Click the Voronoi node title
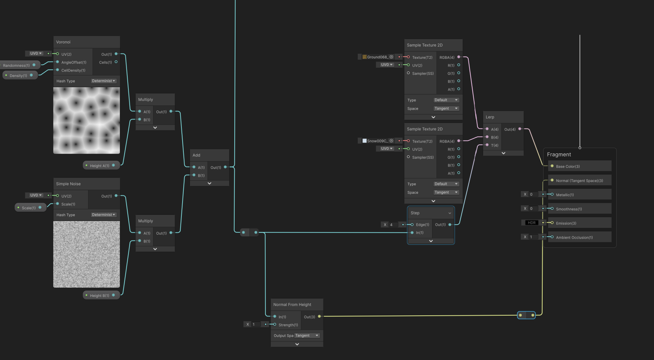[x=63, y=42]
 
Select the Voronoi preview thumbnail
[x=86, y=120]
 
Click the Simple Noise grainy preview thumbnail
[x=86, y=254]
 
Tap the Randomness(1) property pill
[x=19, y=65]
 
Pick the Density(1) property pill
[x=20, y=76]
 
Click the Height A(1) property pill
[x=101, y=165]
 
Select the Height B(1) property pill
[x=101, y=295]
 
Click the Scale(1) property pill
[x=30, y=207]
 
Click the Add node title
[x=196, y=155]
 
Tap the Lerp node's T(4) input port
[x=487, y=145]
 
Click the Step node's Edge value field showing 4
[x=393, y=225]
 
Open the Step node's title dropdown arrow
[x=450, y=213]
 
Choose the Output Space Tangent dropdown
[x=307, y=335]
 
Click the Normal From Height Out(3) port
[x=319, y=316]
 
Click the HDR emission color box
[x=532, y=223]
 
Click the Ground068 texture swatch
[x=364, y=57]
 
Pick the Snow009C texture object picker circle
[x=391, y=141]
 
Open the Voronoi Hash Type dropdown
[x=104, y=81]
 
